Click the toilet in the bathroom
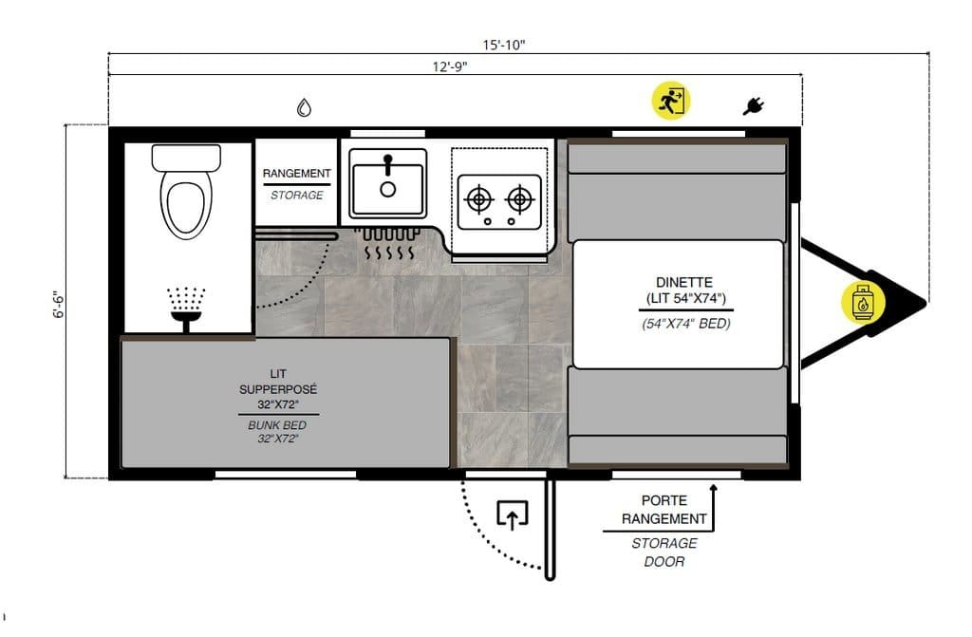coord(186,194)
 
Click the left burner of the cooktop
coord(478,200)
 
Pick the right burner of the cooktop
coord(518,200)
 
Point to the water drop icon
coord(304,107)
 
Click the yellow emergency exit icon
coord(670,100)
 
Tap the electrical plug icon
coord(754,105)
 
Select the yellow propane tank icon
coord(864,303)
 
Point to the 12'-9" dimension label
coord(451,66)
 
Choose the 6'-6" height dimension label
coord(58,304)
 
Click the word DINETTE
coord(684,282)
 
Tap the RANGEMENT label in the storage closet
coord(296,174)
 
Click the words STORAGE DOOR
coord(664,553)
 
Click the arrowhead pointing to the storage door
coord(713,488)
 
